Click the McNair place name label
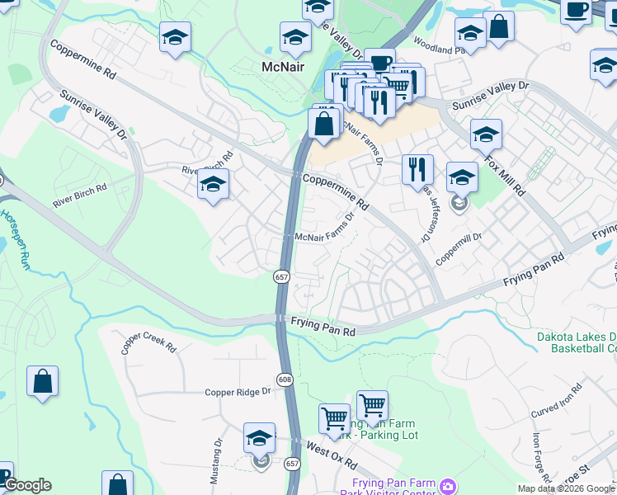(x=284, y=67)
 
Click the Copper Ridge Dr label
(x=238, y=392)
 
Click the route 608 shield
(x=285, y=379)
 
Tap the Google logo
(x=27, y=485)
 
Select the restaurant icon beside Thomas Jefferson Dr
(x=417, y=169)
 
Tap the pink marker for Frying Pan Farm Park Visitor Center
(x=447, y=484)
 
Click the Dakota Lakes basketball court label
(x=577, y=342)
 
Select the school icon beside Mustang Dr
(x=259, y=439)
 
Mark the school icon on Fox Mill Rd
(x=486, y=134)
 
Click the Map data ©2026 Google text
(x=565, y=488)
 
